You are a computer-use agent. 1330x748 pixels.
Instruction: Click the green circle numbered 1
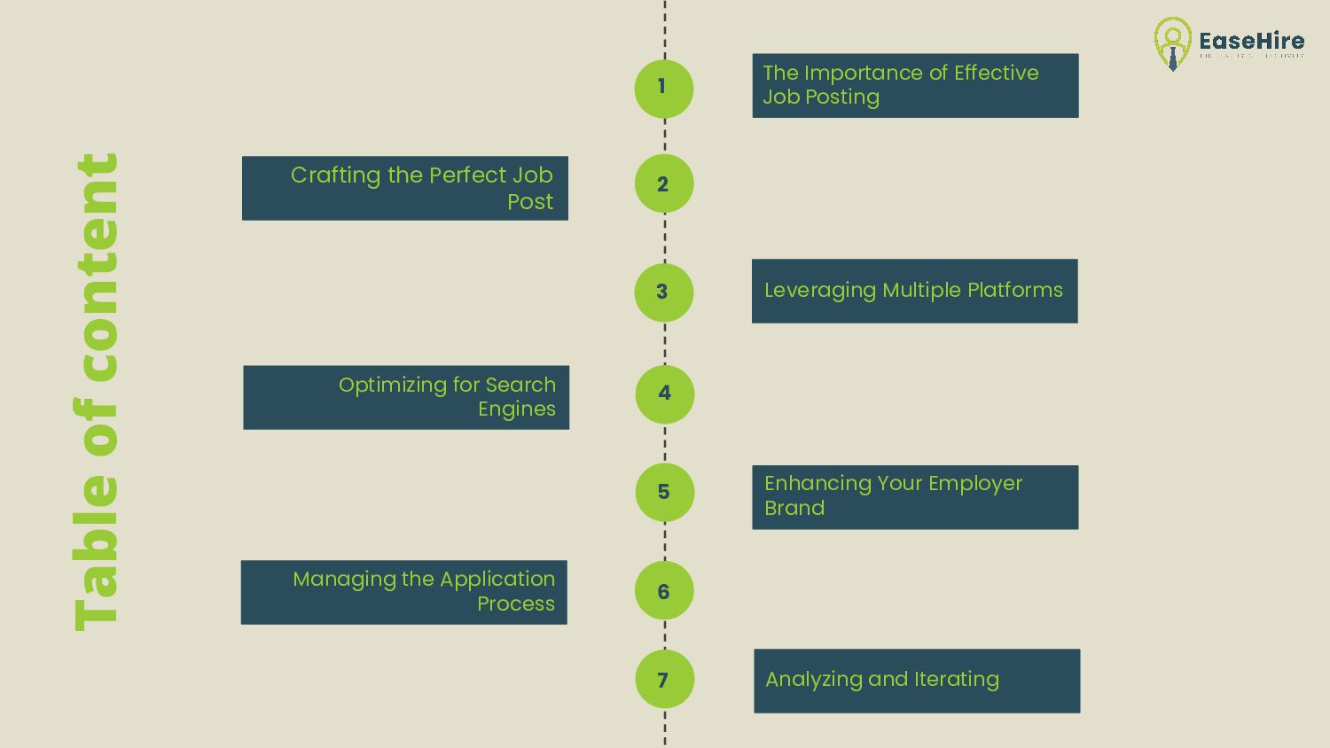pyautogui.click(x=663, y=89)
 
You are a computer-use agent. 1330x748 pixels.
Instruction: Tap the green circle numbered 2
pyautogui.click(x=663, y=183)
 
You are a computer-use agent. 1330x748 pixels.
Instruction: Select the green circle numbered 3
pyautogui.click(x=663, y=292)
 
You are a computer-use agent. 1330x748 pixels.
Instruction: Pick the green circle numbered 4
pyautogui.click(x=664, y=393)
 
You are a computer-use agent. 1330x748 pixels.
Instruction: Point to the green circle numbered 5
pyautogui.click(x=664, y=492)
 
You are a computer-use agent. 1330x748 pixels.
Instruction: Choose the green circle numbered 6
pyautogui.click(x=663, y=591)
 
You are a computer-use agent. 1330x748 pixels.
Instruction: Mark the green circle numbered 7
pyautogui.click(x=664, y=680)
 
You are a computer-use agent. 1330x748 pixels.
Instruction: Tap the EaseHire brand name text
pyautogui.click(x=1251, y=41)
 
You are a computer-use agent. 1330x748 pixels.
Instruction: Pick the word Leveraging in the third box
pyautogui.click(x=819, y=291)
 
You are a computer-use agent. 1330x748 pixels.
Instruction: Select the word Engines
pyautogui.click(x=517, y=409)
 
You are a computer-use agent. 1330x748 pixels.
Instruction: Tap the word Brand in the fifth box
pyautogui.click(x=794, y=508)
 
